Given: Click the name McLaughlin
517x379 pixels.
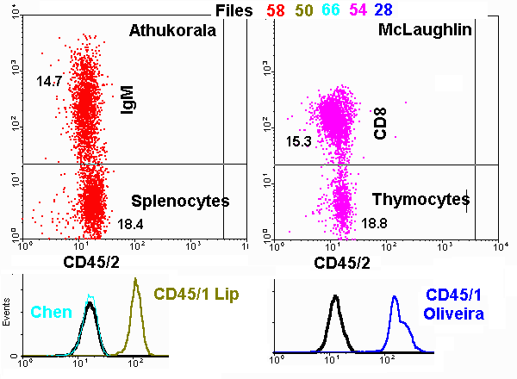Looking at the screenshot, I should tap(424, 31).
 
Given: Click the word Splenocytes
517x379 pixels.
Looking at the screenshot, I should tap(180, 201).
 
